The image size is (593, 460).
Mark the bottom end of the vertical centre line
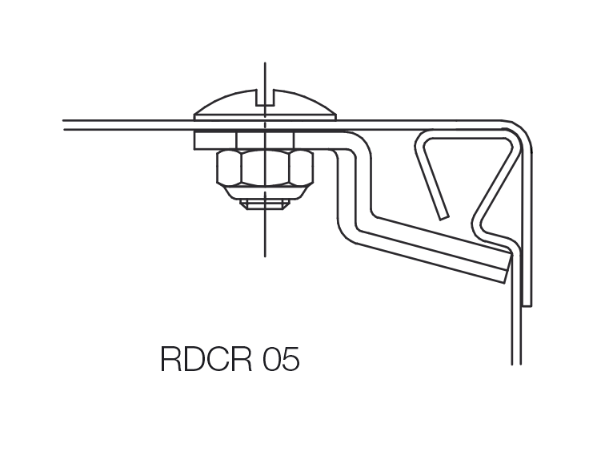(x=265, y=256)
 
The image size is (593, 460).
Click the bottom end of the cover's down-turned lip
(x=527, y=305)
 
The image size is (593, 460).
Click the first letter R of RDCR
(x=170, y=359)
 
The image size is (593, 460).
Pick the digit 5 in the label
(x=291, y=359)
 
